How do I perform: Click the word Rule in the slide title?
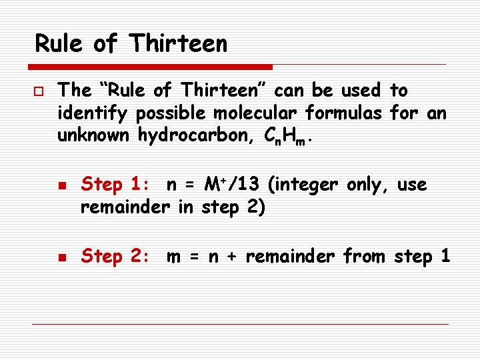pyautogui.click(x=59, y=44)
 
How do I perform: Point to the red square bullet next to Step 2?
pyautogui.click(x=62, y=257)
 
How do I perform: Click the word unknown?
pyautogui.click(x=94, y=135)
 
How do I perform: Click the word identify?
pyautogui.click(x=93, y=113)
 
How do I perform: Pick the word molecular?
pyautogui.click(x=257, y=113)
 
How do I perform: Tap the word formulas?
pyautogui.click(x=351, y=113)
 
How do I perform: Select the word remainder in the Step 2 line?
pyautogui.click(x=291, y=257)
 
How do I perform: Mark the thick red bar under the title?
pyautogui.click(x=151, y=67)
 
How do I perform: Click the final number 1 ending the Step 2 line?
pyautogui.click(x=445, y=257)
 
